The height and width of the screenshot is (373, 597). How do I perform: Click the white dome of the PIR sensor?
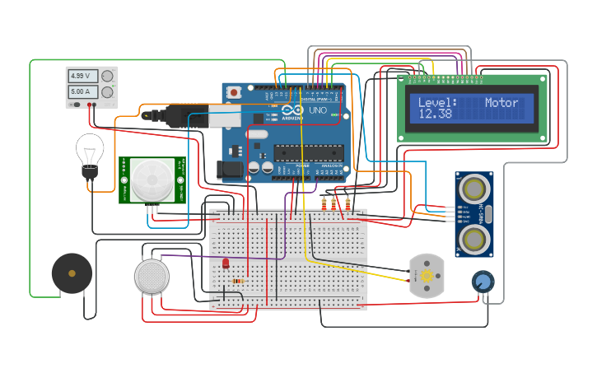pyautogui.click(x=152, y=179)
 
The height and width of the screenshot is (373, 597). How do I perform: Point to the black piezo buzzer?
pyautogui.click(x=72, y=273)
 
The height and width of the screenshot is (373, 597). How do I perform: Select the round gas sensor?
pyautogui.click(x=152, y=276)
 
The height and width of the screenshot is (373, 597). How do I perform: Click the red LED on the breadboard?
pyautogui.click(x=226, y=263)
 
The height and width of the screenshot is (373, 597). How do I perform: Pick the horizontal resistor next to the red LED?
pyautogui.click(x=239, y=281)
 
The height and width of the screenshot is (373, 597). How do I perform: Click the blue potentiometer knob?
pyautogui.click(x=483, y=282)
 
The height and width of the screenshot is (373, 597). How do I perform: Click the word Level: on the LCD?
pyautogui.click(x=437, y=103)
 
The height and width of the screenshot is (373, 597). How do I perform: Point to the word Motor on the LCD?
pyautogui.click(x=501, y=103)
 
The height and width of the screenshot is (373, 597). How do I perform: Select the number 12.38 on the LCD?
pyautogui.click(x=435, y=114)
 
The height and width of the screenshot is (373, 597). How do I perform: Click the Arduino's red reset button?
pyautogui.click(x=234, y=92)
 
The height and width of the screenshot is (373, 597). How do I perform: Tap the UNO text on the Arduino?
pyautogui.click(x=318, y=110)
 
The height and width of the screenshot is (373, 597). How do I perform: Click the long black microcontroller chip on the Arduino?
pyautogui.click(x=308, y=152)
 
